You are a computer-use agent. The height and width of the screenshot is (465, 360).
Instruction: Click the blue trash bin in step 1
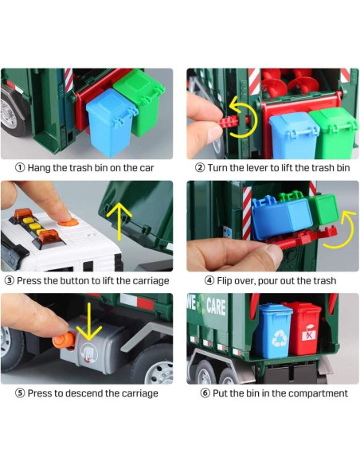pos(111,122)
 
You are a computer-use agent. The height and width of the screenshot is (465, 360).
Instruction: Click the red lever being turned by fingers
pos(229,122)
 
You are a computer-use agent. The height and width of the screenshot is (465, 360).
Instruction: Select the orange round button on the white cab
pos(68,221)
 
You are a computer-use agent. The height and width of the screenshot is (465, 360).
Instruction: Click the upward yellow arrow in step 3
pos(119,221)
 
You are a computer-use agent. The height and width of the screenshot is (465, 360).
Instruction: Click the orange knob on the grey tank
pos(64,341)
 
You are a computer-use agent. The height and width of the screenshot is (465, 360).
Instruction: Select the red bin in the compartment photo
pos(302,328)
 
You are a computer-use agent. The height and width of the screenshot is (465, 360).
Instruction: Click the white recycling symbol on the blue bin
pos(280,338)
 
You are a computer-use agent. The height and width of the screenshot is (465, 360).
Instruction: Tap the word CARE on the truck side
pos(216,306)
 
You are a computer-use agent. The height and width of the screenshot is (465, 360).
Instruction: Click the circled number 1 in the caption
pos(20,168)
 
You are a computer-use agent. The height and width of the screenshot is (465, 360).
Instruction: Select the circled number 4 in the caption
pos(209,280)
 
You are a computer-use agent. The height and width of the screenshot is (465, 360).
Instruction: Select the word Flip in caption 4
pos(225,281)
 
